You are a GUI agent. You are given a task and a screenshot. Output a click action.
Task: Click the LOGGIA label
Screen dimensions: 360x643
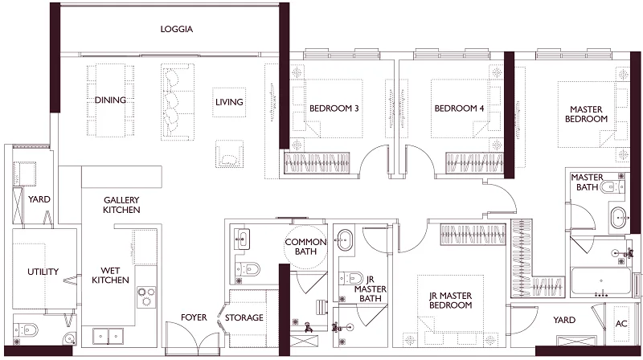point(177,30)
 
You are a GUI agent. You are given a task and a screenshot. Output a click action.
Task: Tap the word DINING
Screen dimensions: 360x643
point(110,100)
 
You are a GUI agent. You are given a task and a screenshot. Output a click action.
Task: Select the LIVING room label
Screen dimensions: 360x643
point(229,102)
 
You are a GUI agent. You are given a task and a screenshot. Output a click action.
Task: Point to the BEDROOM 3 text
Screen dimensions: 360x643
point(334,109)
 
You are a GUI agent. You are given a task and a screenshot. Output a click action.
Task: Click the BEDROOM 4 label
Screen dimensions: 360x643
point(459,109)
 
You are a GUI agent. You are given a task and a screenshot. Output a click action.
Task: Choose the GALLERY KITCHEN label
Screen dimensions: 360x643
point(121,205)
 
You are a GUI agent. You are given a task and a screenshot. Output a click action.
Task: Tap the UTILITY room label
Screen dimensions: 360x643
point(43,272)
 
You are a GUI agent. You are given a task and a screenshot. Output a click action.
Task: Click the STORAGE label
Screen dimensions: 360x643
point(244,318)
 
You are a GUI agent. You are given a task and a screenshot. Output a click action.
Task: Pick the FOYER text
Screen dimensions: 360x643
point(194,318)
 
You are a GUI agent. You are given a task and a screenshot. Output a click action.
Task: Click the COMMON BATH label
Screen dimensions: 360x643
point(305,247)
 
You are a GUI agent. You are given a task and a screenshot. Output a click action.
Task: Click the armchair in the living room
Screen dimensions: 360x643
point(230,153)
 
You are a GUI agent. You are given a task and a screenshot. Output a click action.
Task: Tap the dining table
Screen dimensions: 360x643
point(111,100)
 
